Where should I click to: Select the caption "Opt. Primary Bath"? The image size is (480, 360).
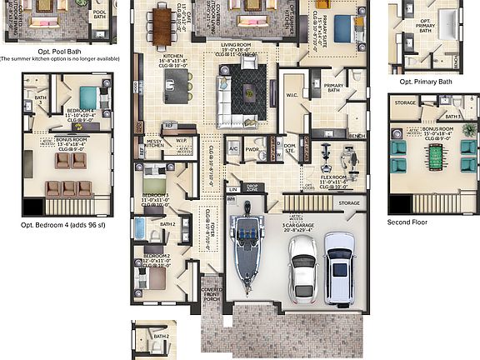tap(426, 82)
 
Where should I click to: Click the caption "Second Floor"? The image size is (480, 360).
tap(408, 222)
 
